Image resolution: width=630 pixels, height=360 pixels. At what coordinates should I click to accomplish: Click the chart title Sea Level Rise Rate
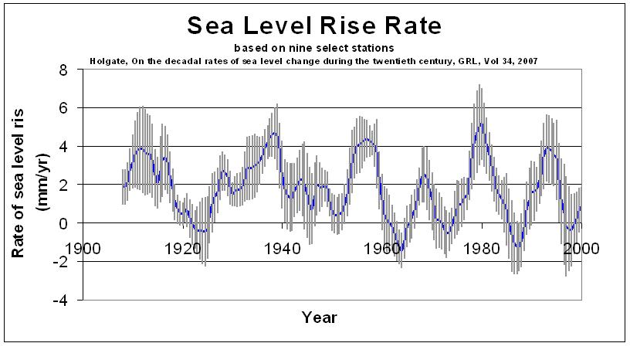(x=313, y=25)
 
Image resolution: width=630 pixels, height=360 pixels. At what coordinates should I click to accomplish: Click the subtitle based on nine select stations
(x=314, y=48)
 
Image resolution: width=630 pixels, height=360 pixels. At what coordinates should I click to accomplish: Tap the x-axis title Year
(x=319, y=317)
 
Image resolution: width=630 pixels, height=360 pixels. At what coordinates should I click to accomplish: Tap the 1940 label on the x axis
(x=283, y=249)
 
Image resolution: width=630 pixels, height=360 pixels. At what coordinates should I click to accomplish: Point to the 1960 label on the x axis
(x=382, y=249)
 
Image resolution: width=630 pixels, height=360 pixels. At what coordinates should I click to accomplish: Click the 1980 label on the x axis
(x=482, y=249)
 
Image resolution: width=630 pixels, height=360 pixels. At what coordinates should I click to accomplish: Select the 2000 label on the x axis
(x=581, y=249)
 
